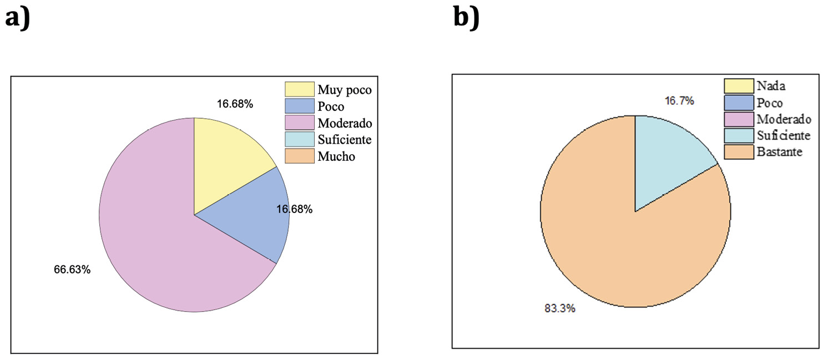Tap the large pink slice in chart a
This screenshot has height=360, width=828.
[150, 233]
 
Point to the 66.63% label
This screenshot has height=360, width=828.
[72, 270]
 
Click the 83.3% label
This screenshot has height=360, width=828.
[560, 308]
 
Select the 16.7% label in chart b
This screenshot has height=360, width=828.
[679, 101]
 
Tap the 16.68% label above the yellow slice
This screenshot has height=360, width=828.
[235, 104]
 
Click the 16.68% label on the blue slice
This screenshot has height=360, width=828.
[294, 209]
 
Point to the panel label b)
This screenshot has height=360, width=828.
[466, 18]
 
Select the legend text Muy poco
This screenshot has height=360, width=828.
[345, 89]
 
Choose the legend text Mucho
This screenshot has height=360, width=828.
[336, 156]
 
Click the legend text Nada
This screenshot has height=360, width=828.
[771, 86]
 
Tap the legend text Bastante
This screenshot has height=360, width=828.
[779, 152]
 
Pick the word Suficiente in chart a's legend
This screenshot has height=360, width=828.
[345, 140]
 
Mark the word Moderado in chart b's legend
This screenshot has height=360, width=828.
[784, 119]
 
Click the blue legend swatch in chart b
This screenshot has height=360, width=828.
[738, 103]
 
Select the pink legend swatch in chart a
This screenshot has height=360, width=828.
[299, 123]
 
